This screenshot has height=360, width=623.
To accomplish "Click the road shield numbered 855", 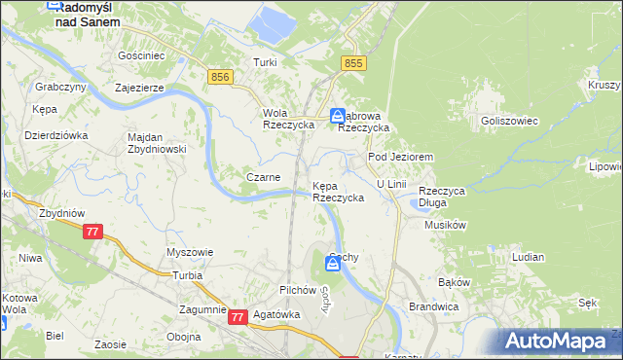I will coord(353,62).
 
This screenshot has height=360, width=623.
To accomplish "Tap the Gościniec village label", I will coord(140,56).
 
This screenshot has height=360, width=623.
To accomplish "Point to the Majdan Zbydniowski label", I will coord(156,143).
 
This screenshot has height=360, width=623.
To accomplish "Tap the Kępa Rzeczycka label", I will coord(338,191).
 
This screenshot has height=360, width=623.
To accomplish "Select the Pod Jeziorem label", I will coord(399,157).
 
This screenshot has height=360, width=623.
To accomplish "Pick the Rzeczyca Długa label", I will coord(443,197).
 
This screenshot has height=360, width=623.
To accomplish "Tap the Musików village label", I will coord(447,225).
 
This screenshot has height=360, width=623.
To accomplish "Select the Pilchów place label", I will coord(298,290).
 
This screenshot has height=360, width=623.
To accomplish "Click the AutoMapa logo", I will coord(559,341).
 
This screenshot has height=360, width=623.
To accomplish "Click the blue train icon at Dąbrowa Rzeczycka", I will coord(337,114).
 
